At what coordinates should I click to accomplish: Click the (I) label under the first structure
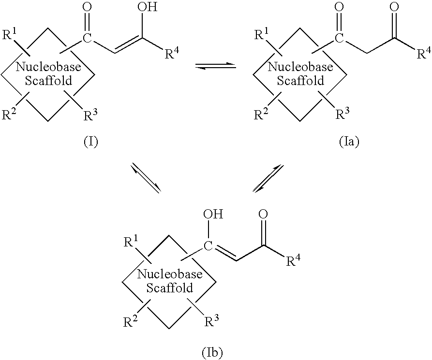[90, 143]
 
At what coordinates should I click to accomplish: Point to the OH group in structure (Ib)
[213, 214]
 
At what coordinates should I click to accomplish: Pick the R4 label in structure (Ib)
[294, 261]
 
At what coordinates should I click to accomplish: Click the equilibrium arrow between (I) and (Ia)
[215, 66]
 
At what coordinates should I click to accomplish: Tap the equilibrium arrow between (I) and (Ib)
[145, 178]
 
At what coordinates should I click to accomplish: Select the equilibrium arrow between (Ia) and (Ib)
[268, 178]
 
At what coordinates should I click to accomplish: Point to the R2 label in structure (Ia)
[263, 115]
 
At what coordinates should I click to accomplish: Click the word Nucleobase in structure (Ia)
[300, 67]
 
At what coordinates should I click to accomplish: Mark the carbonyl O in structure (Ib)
[264, 214]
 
